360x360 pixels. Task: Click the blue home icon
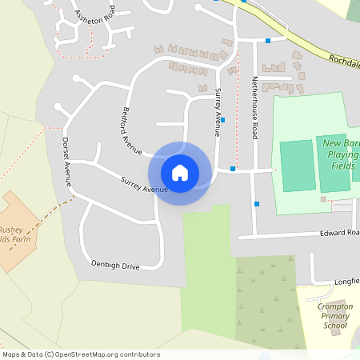[180, 173]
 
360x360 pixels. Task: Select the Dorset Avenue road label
[67, 162]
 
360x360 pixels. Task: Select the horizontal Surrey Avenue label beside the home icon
[144, 185]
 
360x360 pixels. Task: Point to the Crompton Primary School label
[334, 316]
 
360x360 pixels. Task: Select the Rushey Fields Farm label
[13, 233]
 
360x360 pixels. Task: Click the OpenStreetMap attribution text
[80, 354]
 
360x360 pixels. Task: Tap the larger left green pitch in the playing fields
[298, 166]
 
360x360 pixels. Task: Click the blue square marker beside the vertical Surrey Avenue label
[222, 120]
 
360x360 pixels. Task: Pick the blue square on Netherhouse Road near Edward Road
[257, 204]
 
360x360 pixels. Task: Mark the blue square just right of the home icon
[233, 169]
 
